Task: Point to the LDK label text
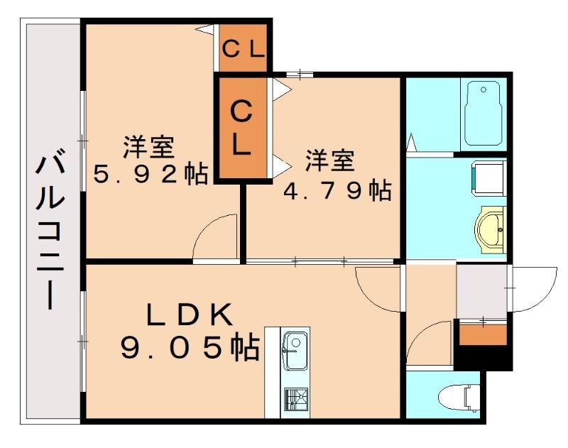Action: [x=190, y=313]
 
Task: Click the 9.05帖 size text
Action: [x=190, y=347]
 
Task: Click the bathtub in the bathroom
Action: [x=483, y=114]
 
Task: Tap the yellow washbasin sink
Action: [x=491, y=229]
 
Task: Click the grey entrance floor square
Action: [x=483, y=290]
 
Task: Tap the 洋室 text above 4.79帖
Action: [x=330, y=161]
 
